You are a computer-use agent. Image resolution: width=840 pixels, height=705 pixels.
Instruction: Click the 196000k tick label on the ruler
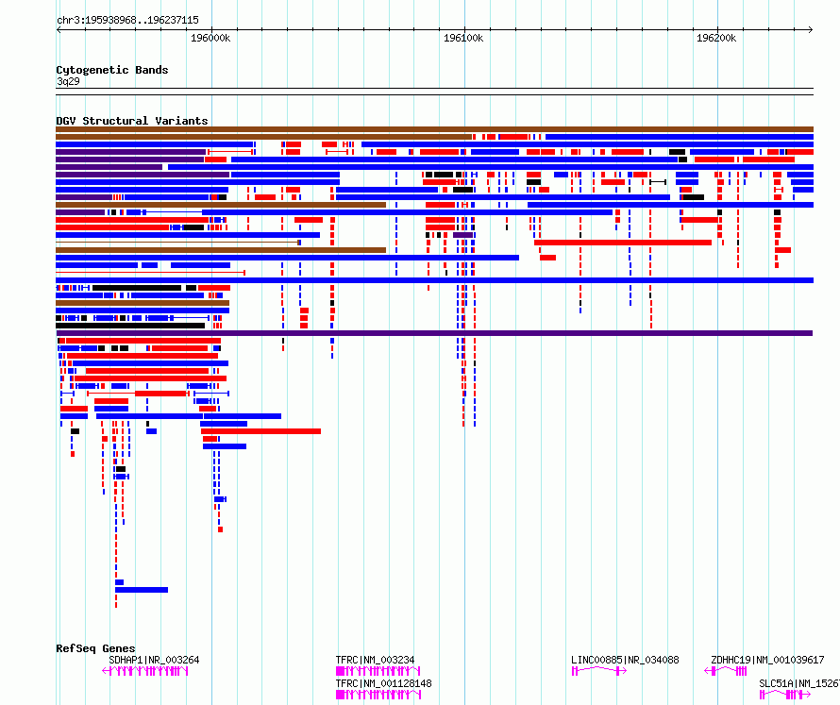(210, 38)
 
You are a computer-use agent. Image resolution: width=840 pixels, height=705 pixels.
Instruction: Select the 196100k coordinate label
(463, 38)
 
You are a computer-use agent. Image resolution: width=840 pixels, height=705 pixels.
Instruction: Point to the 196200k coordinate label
(716, 38)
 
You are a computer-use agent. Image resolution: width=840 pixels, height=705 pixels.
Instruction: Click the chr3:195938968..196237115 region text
(127, 21)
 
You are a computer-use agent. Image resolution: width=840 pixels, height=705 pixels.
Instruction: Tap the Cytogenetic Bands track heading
(112, 70)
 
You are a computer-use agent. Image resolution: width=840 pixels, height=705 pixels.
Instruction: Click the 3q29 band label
(68, 81)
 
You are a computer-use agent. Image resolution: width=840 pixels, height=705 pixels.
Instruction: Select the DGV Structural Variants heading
(132, 121)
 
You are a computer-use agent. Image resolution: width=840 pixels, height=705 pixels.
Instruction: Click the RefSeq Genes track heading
(95, 648)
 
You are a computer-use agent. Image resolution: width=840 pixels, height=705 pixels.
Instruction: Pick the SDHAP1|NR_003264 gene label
(154, 660)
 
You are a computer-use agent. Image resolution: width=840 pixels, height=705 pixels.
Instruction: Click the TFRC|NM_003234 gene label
(375, 660)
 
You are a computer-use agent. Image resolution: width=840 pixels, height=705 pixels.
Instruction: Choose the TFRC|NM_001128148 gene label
(383, 683)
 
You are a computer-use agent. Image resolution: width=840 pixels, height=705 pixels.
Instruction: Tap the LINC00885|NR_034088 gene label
(625, 660)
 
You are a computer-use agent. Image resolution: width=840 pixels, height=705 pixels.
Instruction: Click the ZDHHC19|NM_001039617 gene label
(767, 660)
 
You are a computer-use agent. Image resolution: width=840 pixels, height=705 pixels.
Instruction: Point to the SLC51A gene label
(799, 683)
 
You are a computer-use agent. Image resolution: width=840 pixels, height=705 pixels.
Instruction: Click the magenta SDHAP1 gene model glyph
(145, 671)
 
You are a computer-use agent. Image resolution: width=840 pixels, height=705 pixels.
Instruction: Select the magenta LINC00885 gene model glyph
(599, 671)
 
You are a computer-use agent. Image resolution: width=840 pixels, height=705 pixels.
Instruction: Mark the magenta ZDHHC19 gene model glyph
(726, 671)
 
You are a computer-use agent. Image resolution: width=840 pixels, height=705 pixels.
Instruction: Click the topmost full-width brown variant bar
(434, 129)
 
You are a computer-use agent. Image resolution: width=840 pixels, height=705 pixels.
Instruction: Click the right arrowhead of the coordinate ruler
(811, 29)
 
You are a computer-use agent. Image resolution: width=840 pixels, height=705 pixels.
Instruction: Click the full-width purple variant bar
(434, 333)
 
